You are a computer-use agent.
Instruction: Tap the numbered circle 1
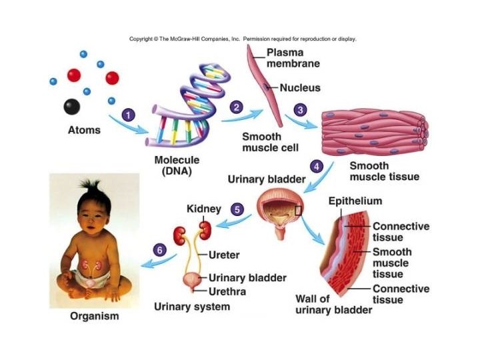click(131, 115)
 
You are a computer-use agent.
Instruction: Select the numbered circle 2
click(235, 107)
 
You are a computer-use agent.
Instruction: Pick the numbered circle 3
click(301, 110)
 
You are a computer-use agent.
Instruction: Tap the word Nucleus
click(300, 87)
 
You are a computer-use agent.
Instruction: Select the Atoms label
click(84, 130)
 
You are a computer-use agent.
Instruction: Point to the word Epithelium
click(355, 201)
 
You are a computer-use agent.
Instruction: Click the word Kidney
click(203, 209)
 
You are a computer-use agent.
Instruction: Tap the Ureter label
click(224, 255)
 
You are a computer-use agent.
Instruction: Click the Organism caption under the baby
click(94, 316)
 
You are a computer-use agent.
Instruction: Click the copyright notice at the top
click(243, 39)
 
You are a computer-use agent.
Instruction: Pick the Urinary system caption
click(192, 307)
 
